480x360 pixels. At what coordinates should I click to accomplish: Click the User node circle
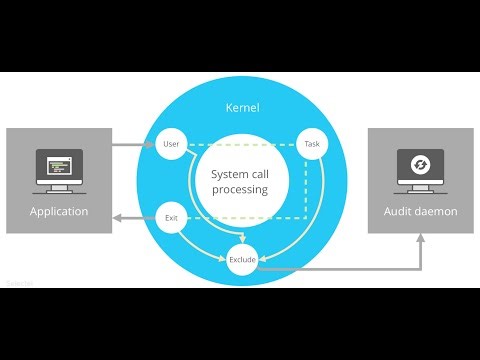(x=170, y=145)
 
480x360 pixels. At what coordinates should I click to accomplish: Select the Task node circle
(x=311, y=145)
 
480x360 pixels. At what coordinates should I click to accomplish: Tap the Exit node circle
(x=170, y=216)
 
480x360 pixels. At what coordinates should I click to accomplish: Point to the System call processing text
(x=240, y=181)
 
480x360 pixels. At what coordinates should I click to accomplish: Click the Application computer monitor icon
(x=59, y=167)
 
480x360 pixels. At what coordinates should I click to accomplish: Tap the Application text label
(x=59, y=212)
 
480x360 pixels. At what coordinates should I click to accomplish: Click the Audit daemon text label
(x=421, y=212)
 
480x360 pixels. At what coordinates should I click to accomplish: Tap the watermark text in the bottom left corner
(x=19, y=284)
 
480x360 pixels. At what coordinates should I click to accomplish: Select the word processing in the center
(x=240, y=189)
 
